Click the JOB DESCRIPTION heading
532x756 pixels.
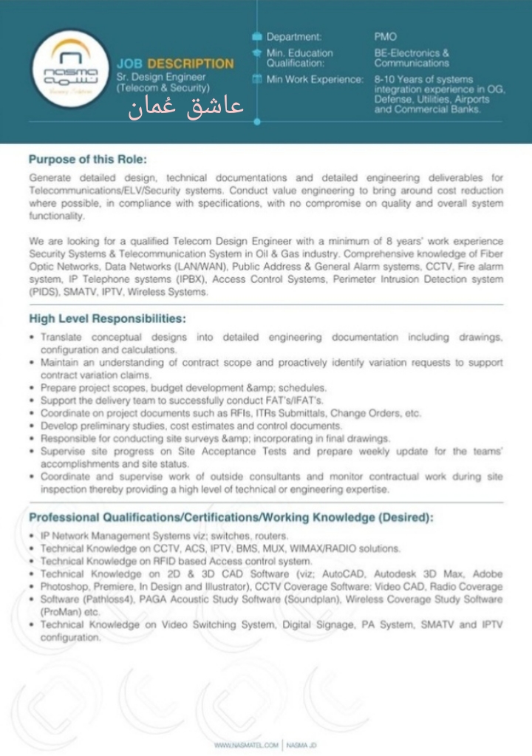pyautogui.click(x=174, y=64)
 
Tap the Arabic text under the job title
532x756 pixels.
pyautogui.click(x=185, y=109)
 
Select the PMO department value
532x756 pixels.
pyautogui.click(x=385, y=36)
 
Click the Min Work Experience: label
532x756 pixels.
pyautogui.click(x=314, y=79)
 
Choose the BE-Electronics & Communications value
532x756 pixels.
pyautogui.click(x=412, y=58)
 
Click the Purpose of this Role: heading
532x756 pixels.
pyautogui.click(x=87, y=159)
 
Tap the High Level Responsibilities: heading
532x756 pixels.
pyautogui.click(x=107, y=319)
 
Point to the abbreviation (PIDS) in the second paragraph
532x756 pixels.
pyautogui.click(x=41, y=292)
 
